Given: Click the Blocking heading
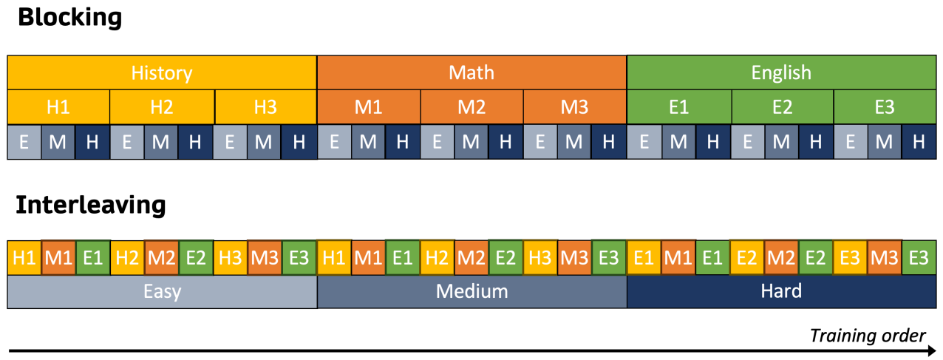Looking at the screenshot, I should (x=69, y=17).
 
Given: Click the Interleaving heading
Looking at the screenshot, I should (x=91, y=205).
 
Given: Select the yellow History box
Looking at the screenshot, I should (x=162, y=72).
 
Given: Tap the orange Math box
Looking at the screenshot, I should (x=471, y=72).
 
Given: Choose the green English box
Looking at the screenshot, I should (x=781, y=72).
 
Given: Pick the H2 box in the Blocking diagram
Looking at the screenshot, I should (x=162, y=106).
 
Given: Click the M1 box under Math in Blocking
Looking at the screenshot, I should (x=369, y=106).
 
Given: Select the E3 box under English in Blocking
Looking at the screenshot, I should (x=885, y=106).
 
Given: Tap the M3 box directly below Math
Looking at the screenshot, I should (x=574, y=106).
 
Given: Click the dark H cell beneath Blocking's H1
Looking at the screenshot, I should (x=92, y=142).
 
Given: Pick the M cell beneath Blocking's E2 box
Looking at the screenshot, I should (x=780, y=142).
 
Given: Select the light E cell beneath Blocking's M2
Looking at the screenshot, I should (x=438, y=142).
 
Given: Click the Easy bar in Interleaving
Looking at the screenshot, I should (x=162, y=291).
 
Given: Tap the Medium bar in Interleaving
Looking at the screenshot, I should (x=471, y=291).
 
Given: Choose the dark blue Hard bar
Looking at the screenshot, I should (x=781, y=291).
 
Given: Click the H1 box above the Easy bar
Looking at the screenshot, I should (x=24, y=258).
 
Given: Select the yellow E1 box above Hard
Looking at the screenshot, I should (x=643, y=258).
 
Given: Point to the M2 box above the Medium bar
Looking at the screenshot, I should (x=471, y=258).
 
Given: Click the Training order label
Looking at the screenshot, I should (x=867, y=335).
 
